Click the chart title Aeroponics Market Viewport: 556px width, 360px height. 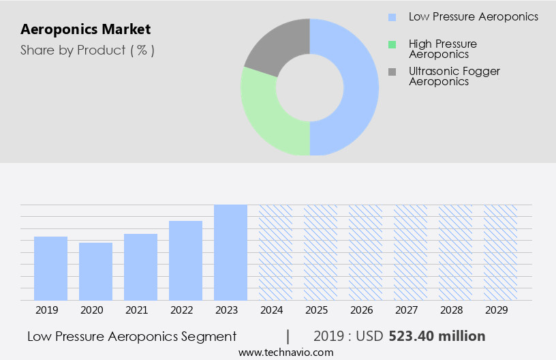point(86,30)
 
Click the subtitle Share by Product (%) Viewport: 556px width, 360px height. point(87,50)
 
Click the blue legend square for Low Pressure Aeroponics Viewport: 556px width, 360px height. point(392,17)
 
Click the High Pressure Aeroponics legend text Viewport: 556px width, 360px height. point(442,49)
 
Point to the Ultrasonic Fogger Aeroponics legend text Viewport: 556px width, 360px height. point(454,76)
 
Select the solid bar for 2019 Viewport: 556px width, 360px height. point(51,269)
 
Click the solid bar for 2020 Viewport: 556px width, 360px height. point(96,271)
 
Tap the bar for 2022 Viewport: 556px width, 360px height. point(186,260)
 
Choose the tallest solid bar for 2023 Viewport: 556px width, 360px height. point(231,252)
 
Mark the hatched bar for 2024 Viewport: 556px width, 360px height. point(276,252)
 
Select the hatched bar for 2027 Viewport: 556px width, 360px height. point(411,252)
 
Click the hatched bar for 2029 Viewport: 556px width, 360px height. point(501,252)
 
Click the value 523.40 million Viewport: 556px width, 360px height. point(437,336)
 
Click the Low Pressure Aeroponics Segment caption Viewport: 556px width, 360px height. point(132,336)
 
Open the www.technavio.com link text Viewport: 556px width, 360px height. point(286,352)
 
